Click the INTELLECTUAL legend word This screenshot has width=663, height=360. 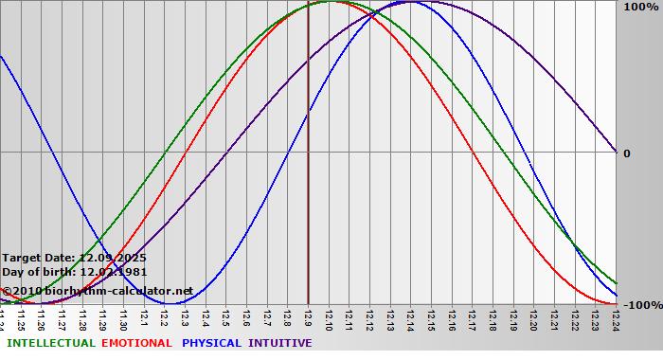coord(50,343)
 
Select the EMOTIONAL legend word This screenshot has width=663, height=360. coord(136,343)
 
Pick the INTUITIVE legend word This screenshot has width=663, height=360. coord(280,343)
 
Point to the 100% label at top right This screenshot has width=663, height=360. coord(640,8)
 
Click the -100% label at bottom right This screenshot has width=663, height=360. coord(642,305)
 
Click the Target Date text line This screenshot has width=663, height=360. coord(74,258)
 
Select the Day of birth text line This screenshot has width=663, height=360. coord(74,272)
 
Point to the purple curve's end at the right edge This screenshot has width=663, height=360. coord(617,152)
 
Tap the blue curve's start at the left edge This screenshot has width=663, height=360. coord(1,57)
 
